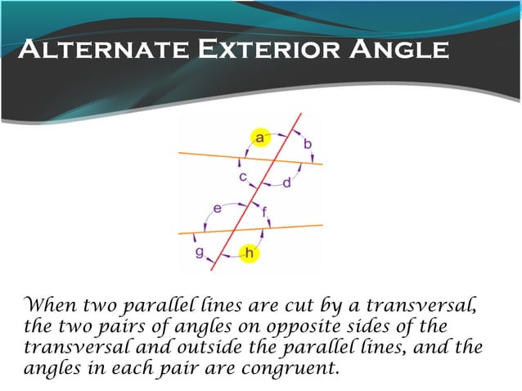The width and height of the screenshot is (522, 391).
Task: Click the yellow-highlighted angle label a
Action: coord(260,138)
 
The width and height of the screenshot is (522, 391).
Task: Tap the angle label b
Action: coord(308,144)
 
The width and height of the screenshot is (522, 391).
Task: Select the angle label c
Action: coord(243,176)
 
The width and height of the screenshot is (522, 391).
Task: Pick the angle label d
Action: coord(286,182)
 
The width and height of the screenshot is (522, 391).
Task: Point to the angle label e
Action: coord(217,209)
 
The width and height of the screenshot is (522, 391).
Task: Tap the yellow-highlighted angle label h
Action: coord(250,255)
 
